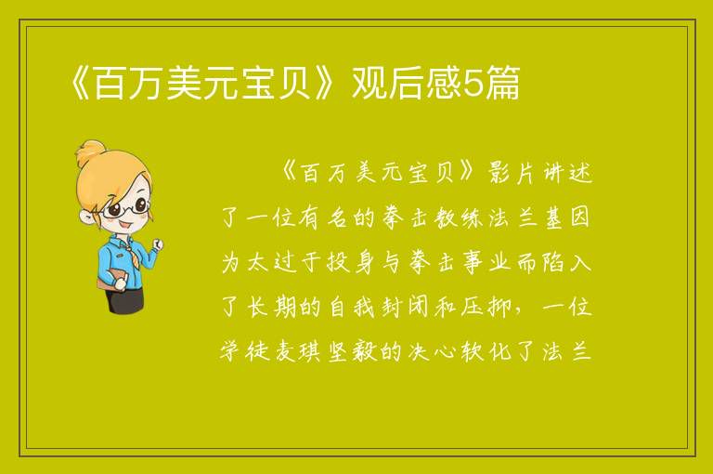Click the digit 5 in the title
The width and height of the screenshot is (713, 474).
click(472, 84)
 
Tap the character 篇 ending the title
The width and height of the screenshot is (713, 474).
click(502, 83)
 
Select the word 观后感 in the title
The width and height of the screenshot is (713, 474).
click(407, 83)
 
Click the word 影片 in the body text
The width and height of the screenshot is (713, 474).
click(512, 172)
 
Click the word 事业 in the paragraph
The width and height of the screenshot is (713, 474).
click(486, 262)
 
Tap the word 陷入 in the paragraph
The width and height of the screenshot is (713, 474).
click(567, 262)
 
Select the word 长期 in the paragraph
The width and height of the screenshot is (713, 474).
click(271, 307)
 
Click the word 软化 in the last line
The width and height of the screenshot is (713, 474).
click(486, 352)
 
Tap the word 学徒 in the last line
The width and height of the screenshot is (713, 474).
click(245, 352)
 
